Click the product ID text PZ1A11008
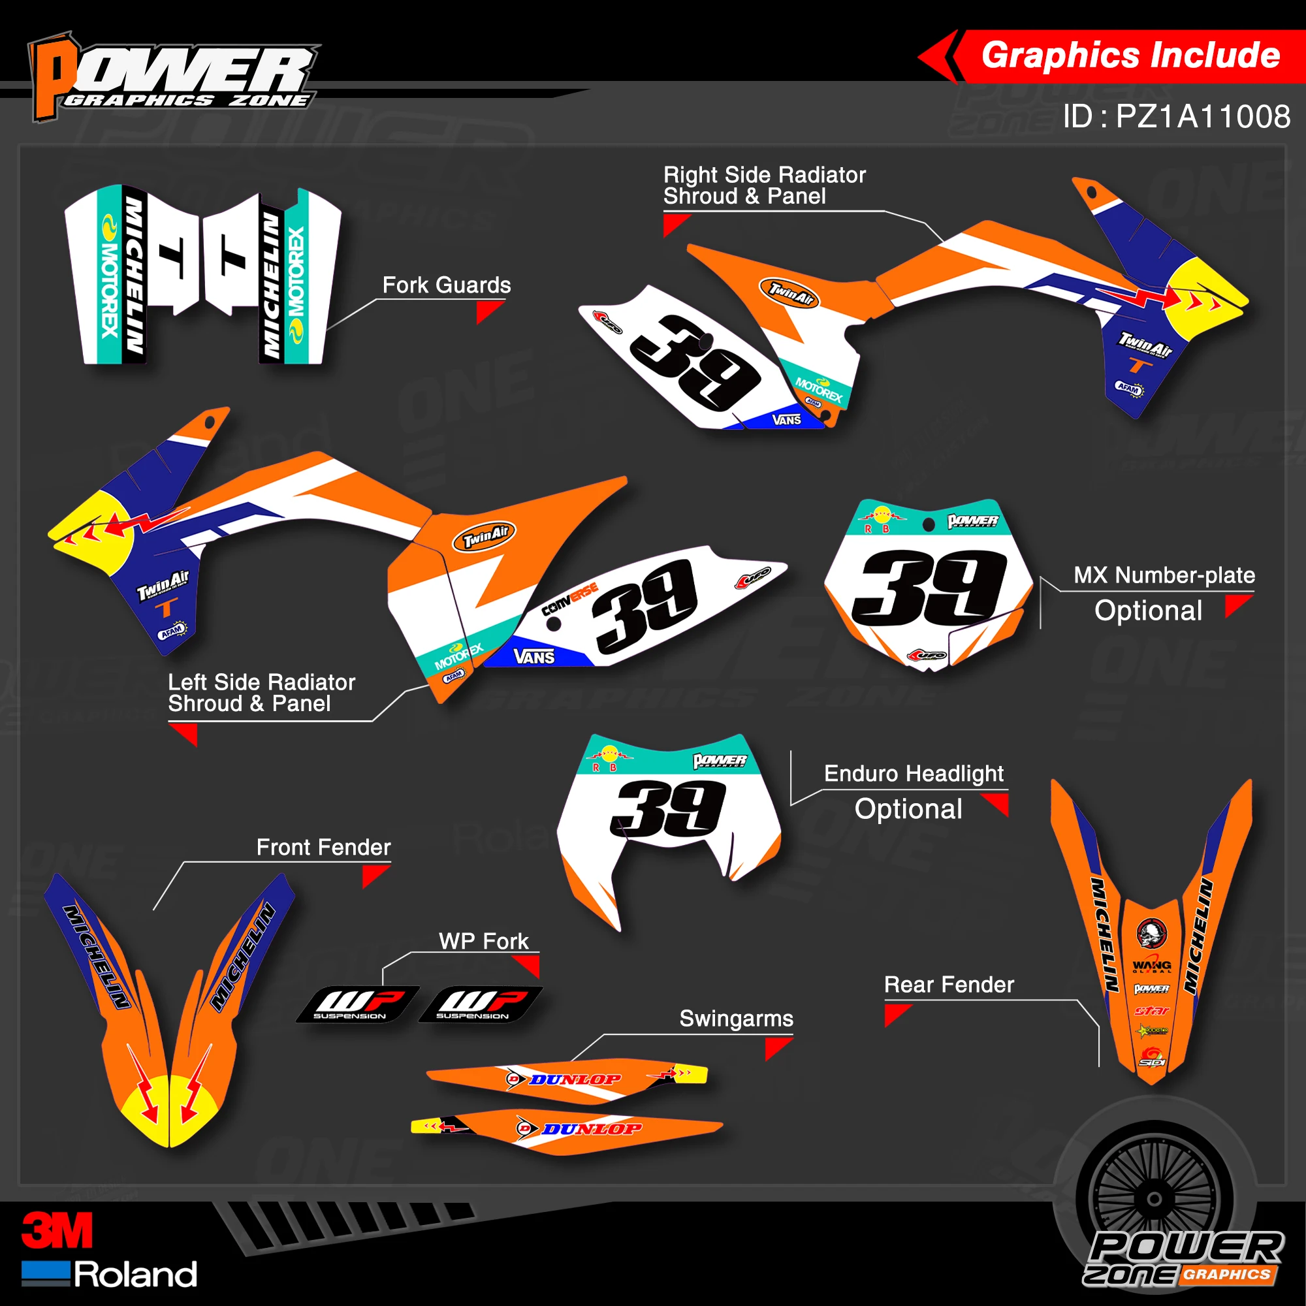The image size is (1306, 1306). click(x=1202, y=117)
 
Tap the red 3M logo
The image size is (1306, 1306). click(x=57, y=1230)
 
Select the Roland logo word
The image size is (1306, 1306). click(x=135, y=1275)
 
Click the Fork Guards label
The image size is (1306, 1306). click(x=446, y=285)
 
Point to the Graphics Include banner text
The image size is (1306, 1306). click(x=1130, y=56)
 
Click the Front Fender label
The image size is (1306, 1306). click(x=323, y=847)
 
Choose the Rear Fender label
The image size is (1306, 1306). click(x=948, y=985)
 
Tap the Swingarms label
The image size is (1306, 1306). click(x=735, y=1019)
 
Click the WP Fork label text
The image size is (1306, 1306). click(x=483, y=941)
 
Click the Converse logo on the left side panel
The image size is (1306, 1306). click(x=569, y=599)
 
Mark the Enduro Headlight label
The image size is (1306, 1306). click(x=914, y=773)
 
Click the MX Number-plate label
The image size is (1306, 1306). click(x=1164, y=575)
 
